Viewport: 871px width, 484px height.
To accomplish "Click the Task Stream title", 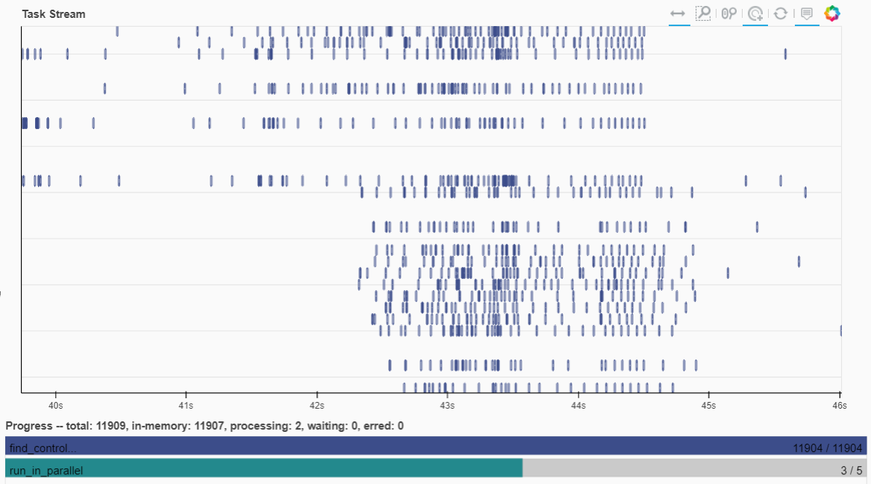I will click(53, 14).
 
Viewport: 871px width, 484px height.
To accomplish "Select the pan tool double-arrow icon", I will click(678, 13).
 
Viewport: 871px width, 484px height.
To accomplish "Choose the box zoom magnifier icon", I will click(703, 13).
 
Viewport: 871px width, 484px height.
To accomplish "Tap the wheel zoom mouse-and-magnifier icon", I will click(728, 13).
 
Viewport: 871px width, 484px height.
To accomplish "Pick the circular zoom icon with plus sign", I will click(755, 13).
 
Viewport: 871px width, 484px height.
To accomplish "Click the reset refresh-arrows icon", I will click(781, 13).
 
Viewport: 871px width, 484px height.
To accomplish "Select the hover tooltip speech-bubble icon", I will click(806, 13).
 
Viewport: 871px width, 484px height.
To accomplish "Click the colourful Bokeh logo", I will click(831, 13).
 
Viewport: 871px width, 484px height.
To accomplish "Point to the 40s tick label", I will click(55, 405).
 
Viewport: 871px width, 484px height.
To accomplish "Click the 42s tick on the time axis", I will click(316, 405).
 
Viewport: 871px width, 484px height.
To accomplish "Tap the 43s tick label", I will click(447, 405).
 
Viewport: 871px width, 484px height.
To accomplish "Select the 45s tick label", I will click(708, 405).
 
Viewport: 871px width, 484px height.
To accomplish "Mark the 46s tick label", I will click(839, 405).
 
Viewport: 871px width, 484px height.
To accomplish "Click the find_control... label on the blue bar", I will click(43, 448).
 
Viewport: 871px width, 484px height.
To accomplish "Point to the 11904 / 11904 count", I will click(827, 448).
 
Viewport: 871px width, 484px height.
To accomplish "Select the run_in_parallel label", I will click(46, 471).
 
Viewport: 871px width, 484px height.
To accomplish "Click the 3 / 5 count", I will click(851, 471).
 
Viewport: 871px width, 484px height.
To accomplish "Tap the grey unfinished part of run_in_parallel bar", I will click(672, 468).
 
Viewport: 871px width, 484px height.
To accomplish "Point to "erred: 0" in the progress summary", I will click(385, 426).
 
